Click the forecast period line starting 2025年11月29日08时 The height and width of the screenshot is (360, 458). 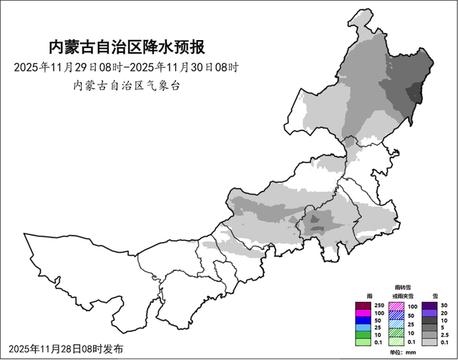click(126, 68)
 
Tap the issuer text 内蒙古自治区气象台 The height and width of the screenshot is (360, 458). click(126, 85)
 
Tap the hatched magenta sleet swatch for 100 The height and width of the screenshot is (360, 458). click(396, 305)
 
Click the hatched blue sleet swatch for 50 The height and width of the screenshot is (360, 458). click(396, 314)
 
